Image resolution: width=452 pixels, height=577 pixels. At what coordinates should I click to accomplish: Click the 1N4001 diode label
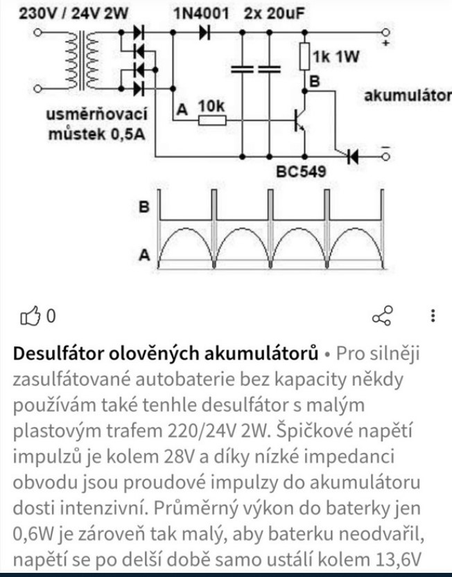[197, 13]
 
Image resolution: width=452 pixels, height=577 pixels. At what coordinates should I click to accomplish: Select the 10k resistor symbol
[211, 120]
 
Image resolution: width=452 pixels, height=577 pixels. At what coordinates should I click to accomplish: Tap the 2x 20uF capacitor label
[275, 13]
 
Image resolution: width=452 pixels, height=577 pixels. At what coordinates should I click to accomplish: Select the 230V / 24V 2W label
[77, 13]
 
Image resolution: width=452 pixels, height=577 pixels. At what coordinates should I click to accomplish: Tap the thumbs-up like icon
[31, 317]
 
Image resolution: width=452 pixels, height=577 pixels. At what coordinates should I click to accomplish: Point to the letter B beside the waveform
[146, 206]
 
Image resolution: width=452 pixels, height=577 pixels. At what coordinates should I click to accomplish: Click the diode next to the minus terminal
[353, 157]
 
